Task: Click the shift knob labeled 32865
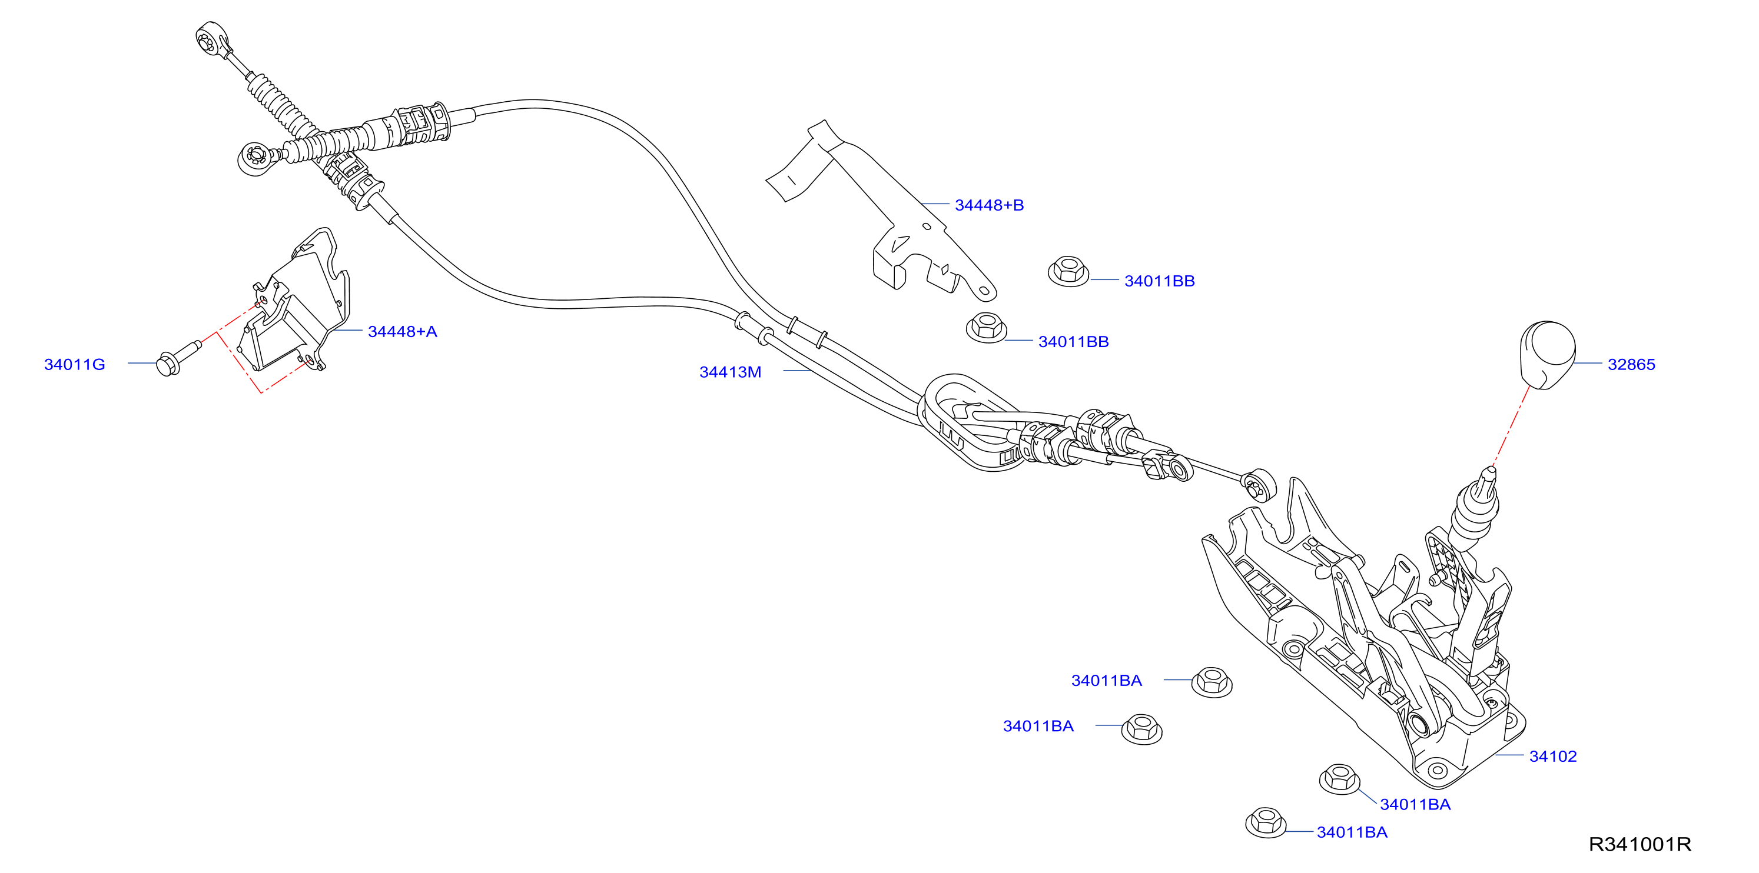(x=1546, y=355)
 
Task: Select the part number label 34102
(x=1553, y=757)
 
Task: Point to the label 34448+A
(x=402, y=332)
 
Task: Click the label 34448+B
(x=989, y=205)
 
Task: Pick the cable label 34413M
(x=730, y=372)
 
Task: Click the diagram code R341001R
(x=1639, y=844)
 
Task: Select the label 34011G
(x=74, y=365)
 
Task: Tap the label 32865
(x=1631, y=365)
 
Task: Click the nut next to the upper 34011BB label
(x=1068, y=272)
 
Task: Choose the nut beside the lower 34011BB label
(x=986, y=328)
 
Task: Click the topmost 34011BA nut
(x=1212, y=682)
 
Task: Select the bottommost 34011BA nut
(x=1266, y=822)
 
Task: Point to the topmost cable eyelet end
(x=212, y=38)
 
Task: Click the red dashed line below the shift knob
(x=1511, y=426)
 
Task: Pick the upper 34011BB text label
(x=1160, y=281)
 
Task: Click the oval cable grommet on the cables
(x=970, y=422)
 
